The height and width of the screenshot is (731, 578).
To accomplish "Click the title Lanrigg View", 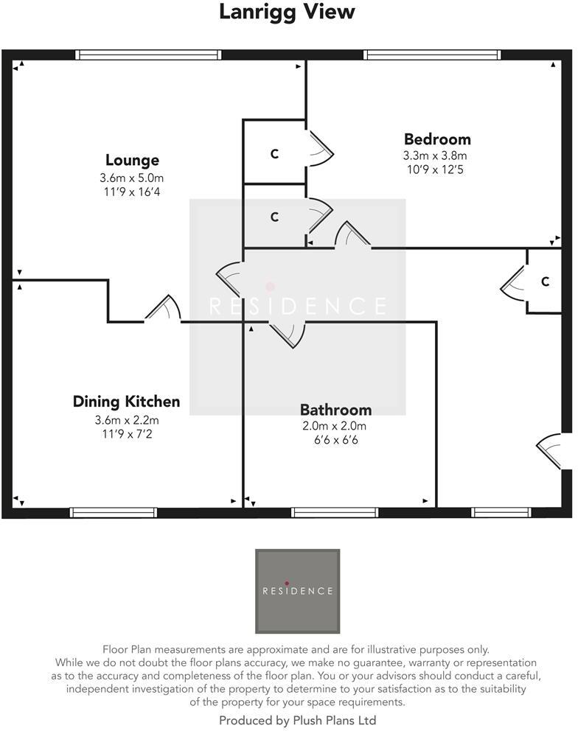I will tap(288, 13).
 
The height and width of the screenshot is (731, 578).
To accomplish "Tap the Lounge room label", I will tap(132, 160).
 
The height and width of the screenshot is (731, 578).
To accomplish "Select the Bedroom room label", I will tap(437, 139).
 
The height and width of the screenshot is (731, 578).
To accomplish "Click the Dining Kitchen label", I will tap(126, 402).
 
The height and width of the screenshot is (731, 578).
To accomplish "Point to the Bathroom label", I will tap(335, 410).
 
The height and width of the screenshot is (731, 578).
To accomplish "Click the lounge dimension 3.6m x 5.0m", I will tap(132, 178).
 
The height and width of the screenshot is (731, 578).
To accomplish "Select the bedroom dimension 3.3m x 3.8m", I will tap(435, 155).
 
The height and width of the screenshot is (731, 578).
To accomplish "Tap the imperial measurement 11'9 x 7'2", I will tap(127, 434).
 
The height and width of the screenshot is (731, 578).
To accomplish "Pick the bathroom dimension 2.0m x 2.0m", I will tap(335, 426).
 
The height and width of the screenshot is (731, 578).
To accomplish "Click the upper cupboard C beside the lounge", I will tap(274, 154).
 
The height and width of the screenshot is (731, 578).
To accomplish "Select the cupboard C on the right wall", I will tap(545, 281).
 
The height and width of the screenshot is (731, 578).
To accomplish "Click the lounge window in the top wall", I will tap(149, 55).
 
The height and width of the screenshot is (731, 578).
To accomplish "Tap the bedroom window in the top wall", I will tap(432, 55).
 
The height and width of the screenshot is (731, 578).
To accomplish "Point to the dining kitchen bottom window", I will tap(114, 512).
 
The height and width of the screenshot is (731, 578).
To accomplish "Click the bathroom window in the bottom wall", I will tap(335, 512).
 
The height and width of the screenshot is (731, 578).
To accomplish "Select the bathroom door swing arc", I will tap(289, 335).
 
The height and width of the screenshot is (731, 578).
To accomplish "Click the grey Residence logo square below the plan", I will tap(298, 591).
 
